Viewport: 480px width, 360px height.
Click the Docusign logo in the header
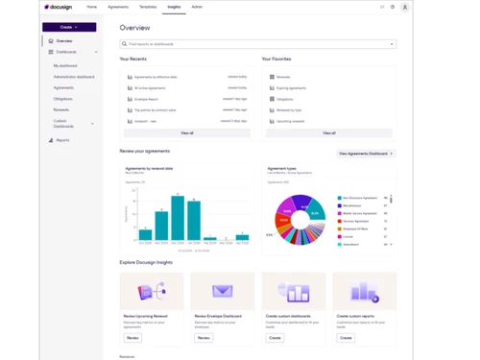(60, 7)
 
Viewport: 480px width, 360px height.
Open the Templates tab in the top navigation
(148, 7)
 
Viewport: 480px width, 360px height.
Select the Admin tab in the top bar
(197, 7)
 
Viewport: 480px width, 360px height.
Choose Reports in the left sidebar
(62, 140)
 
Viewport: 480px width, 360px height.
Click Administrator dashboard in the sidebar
(74, 77)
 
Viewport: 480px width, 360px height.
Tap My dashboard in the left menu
(65, 65)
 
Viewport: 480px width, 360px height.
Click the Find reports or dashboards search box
(257, 44)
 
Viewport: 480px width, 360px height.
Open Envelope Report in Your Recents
(150, 98)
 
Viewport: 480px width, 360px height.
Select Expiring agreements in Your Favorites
(291, 87)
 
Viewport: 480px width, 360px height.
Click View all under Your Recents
(186, 132)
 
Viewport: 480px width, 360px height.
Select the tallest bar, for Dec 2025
(177, 217)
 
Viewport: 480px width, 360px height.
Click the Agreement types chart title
(282, 168)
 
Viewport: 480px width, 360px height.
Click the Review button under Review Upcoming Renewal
(132, 338)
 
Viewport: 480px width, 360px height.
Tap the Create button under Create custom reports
(346, 338)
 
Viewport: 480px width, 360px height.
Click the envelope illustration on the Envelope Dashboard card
(222, 291)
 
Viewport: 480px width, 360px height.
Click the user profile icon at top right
(405, 7)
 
